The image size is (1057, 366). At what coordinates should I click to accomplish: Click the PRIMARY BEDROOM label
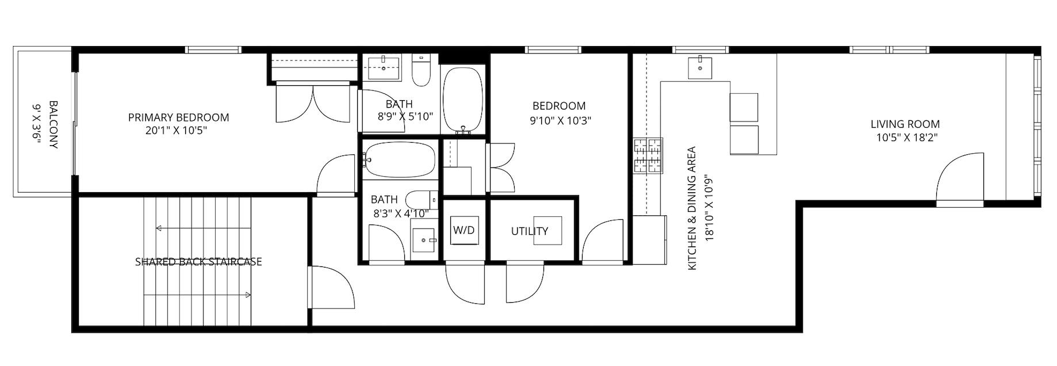click(x=178, y=117)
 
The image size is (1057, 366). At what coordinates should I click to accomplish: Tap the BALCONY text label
click(x=53, y=125)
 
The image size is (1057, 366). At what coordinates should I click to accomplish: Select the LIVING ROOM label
click(x=905, y=124)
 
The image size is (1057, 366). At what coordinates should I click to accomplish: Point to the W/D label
click(x=464, y=230)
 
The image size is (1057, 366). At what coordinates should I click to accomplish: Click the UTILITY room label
click(x=530, y=231)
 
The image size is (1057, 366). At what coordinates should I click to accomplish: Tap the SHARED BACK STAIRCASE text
click(x=198, y=262)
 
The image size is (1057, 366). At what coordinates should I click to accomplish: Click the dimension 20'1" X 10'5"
click(x=177, y=131)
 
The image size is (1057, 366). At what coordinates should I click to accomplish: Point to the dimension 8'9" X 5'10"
click(x=405, y=116)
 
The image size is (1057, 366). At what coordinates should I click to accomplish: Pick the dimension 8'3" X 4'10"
click(x=401, y=213)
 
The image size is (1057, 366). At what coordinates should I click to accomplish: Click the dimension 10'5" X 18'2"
click(x=907, y=138)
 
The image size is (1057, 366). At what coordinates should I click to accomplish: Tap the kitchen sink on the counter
click(x=700, y=67)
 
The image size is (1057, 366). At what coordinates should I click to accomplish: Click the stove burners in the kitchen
click(x=648, y=156)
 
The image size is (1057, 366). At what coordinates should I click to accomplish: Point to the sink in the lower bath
click(x=425, y=241)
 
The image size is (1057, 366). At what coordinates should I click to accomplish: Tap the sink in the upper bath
click(x=384, y=68)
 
